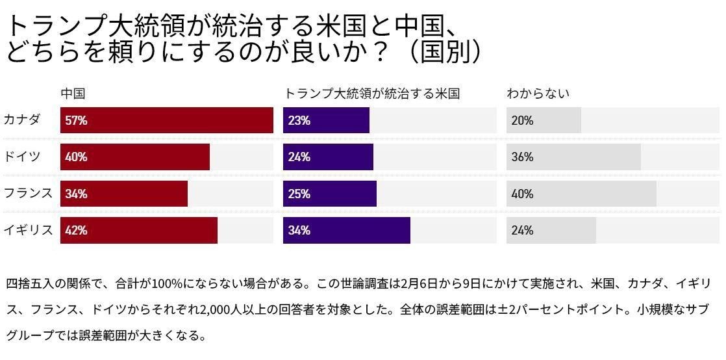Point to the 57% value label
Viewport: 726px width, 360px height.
point(76,120)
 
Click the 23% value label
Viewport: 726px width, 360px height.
point(299,120)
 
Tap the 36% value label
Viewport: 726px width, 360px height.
point(522,157)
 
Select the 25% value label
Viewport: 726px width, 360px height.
point(299,194)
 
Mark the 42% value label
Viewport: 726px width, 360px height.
point(76,230)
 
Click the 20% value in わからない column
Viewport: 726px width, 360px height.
point(522,120)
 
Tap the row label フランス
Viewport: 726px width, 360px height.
point(27,194)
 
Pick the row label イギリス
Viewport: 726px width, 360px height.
point(27,230)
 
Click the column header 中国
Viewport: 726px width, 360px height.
point(73,94)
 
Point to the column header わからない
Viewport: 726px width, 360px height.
point(538,94)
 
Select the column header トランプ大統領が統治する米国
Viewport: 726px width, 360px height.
point(372,94)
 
